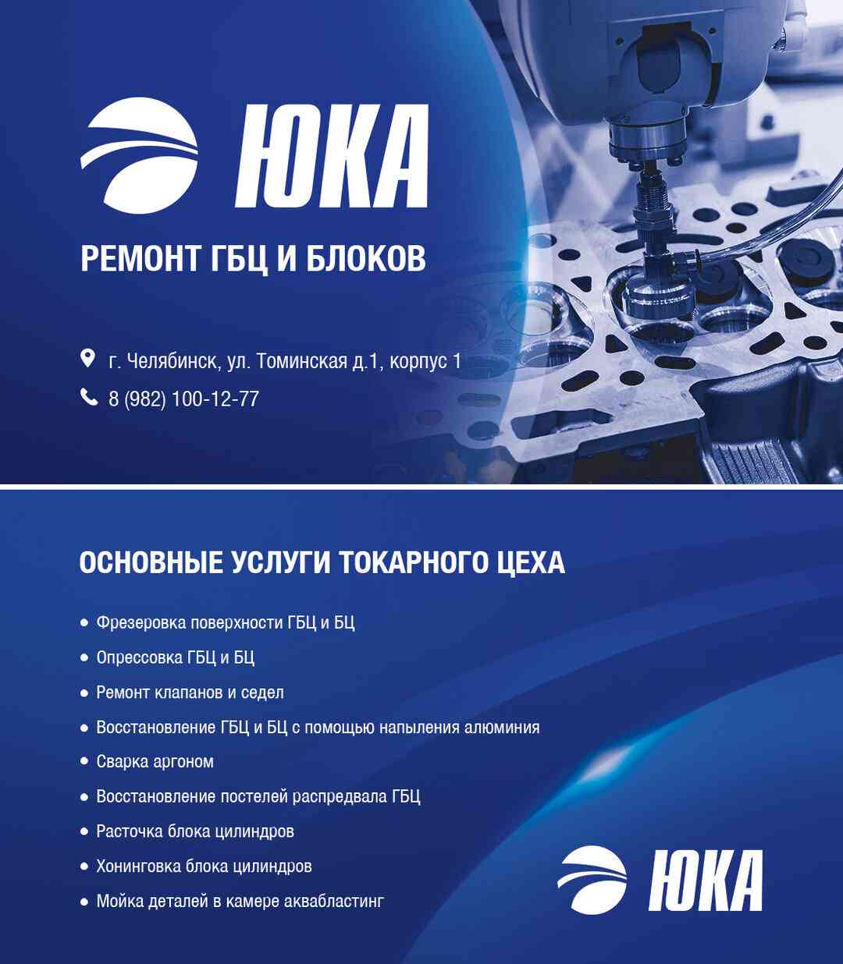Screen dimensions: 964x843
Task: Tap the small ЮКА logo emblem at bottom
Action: [x=592, y=880]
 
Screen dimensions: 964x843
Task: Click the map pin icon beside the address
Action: [x=88, y=359]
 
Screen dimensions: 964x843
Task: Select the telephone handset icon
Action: [x=88, y=398]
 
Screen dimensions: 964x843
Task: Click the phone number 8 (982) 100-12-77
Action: [x=183, y=399]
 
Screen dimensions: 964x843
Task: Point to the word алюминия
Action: [x=502, y=728]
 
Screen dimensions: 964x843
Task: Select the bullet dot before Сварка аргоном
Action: [x=84, y=762]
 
